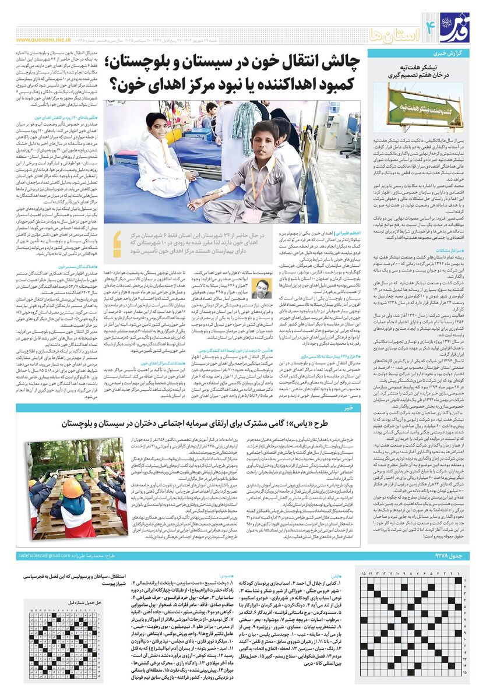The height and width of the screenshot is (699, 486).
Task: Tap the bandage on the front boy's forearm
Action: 208,205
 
